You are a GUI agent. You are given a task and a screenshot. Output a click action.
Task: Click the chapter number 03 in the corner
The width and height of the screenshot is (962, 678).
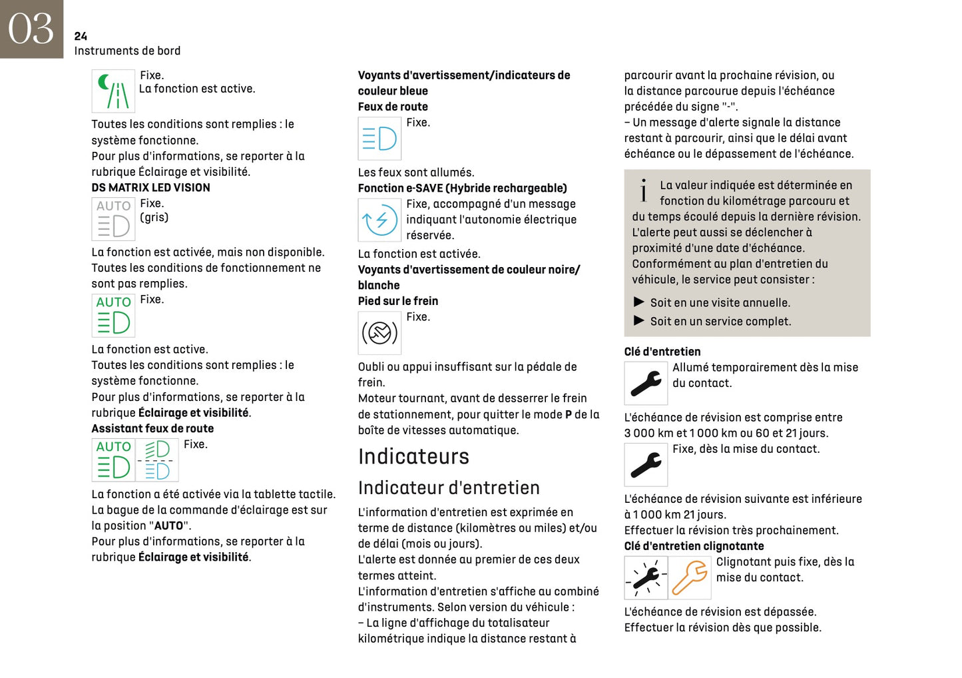tap(31, 29)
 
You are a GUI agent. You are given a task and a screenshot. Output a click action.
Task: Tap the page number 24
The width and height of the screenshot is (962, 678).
tap(81, 36)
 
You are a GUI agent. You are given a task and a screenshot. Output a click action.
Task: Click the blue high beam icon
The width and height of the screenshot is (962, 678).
tap(379, 139)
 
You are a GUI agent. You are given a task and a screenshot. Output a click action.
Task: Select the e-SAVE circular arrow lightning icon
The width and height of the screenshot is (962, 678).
tap(379, 220)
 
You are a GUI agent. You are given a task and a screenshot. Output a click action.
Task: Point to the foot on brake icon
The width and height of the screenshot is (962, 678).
tap(379, 332)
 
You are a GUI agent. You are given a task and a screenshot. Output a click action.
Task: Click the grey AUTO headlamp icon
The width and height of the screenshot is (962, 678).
tap(113, 218)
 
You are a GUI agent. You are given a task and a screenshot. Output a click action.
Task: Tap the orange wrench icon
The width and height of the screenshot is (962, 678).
tap(690, 577)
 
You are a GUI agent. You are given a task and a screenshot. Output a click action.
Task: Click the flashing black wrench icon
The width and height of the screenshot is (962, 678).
tap(646, 577)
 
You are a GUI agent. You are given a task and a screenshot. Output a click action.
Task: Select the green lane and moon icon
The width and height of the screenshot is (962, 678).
tap(113, 91)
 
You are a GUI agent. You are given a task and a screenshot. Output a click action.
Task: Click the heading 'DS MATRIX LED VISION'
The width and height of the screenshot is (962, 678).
tap(150, 188)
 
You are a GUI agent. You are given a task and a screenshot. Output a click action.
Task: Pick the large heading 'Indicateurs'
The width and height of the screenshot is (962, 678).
tap(413, 456)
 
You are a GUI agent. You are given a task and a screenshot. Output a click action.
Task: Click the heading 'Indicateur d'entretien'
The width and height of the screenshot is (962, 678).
tap(449, 488)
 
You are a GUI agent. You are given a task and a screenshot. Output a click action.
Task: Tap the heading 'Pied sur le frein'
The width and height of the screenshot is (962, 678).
tap(398, 301)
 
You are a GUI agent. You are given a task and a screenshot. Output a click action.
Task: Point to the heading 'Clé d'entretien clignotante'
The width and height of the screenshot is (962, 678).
tap(694, 546)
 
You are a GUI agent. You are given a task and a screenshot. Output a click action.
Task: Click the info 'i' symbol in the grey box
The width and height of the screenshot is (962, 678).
tap(643, 190)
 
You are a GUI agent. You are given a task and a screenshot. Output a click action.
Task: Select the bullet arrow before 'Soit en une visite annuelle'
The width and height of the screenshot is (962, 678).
tap(639, 302)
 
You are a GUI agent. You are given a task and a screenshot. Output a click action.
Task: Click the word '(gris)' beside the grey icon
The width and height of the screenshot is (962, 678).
tap(154, 218)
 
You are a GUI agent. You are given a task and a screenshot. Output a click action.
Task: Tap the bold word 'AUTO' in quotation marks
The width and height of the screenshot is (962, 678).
tap(168, 525)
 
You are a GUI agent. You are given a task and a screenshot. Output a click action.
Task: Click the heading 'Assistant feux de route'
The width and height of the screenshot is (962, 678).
tap(152, 429)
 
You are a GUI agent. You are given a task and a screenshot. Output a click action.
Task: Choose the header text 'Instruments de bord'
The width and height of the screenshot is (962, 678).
tap(127, 51)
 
